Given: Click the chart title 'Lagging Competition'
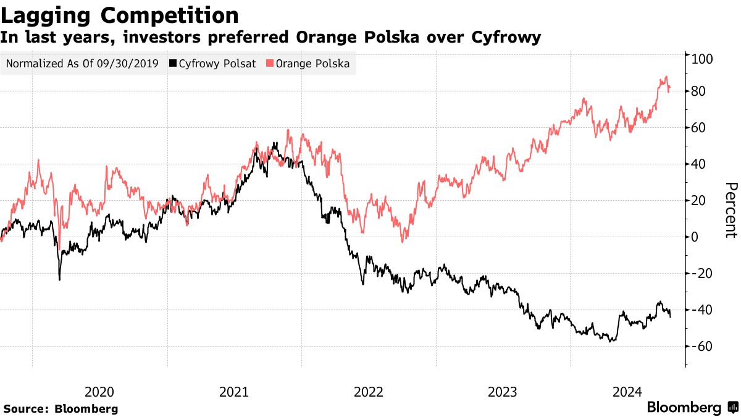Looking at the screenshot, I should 120,15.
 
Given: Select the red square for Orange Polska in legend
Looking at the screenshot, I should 270,64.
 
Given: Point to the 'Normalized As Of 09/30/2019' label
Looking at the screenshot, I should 82,64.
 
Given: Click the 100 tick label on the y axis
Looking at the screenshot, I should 703,59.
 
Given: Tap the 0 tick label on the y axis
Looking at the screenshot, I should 697,237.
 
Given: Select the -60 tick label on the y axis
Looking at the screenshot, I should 703,347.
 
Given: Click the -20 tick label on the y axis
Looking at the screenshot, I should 703,274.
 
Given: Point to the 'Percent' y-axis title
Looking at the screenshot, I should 731,210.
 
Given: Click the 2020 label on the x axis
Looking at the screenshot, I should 99,392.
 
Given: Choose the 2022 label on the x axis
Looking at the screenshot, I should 369,392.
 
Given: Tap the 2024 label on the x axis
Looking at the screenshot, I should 627,392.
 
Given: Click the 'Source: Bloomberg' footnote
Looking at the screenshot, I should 61,409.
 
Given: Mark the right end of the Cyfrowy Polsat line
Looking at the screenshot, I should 671,316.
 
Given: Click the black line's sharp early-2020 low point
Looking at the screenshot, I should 60,279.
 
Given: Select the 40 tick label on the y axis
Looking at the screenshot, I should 700,164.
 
